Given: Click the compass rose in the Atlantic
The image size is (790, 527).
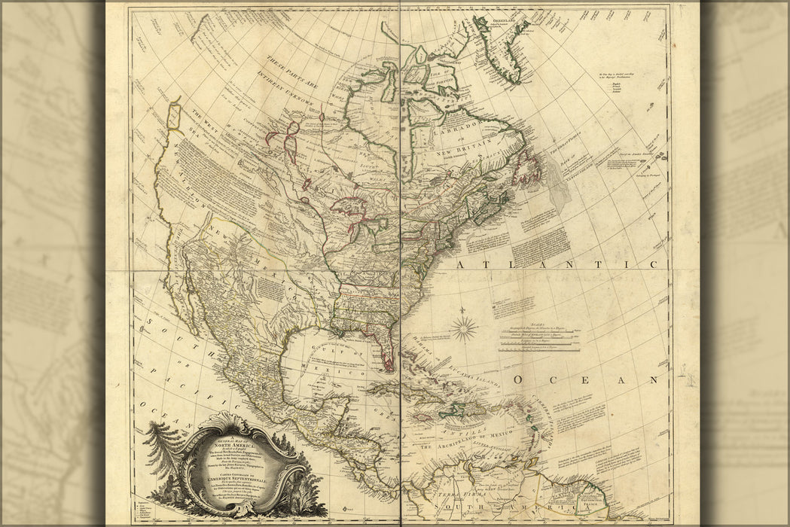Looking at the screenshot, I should [465, 327].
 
